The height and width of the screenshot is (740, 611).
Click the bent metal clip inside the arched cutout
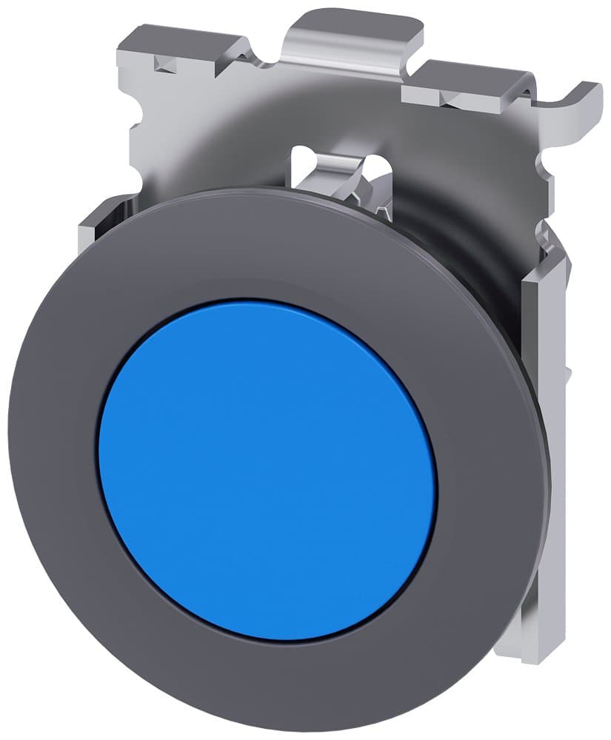pos(348,178)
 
